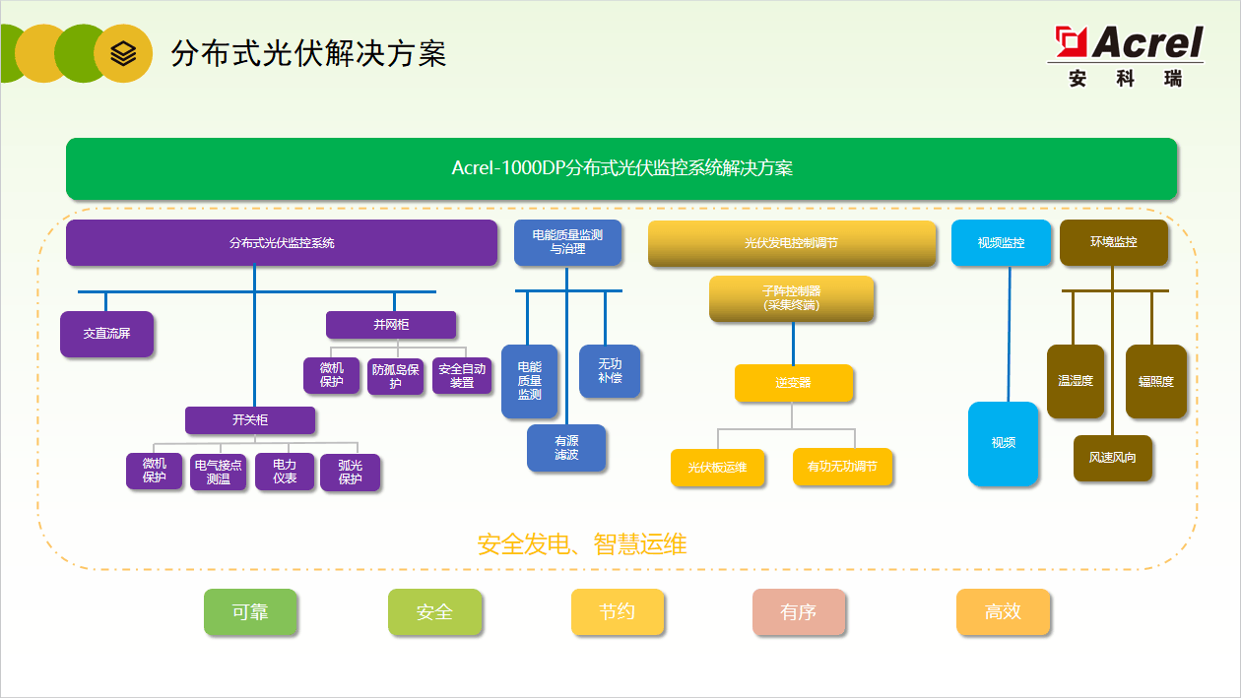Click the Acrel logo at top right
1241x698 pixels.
[1127, 55]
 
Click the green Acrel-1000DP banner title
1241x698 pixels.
[621, 168]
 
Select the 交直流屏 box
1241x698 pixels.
[106, 334]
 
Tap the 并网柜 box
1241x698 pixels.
[391, 325]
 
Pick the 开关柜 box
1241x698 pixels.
[250, 420]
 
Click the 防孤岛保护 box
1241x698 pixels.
[395, 376]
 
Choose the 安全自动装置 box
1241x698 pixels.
[462, 376]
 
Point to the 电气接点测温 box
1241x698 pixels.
[218, 472]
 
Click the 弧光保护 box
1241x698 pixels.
[350, 472]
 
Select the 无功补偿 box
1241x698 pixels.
[610, 371]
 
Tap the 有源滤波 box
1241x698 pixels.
[566, 448]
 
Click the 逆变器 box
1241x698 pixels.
[793, 383]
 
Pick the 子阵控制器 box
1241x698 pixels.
[791, 298]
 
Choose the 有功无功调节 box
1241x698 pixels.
[842, 468]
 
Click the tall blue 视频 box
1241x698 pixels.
[1003, 443]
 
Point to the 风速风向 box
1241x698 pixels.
[1112, 458]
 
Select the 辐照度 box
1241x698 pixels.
[1156, 381]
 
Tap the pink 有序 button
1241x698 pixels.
[798, 612]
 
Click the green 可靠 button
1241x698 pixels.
[250, 612]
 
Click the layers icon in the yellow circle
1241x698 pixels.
[123, 53]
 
